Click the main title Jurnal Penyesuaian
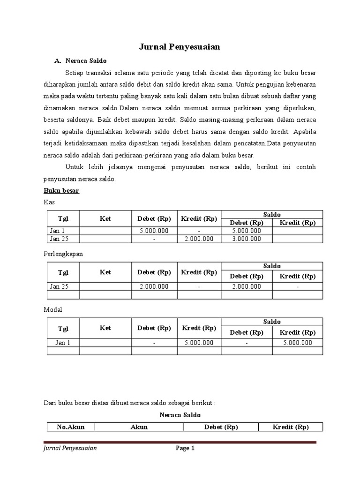pyautogui.click(x=180, y=47)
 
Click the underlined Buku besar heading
pyautogui.click(x=61, y=191)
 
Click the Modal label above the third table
pyautogui.click(x=52, y=310)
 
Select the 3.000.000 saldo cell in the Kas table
pyautogui.click(x=247, y=239)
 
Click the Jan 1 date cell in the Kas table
pyautogui.click(x=57, y=231)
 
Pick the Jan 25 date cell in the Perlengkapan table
pyautogui.click(x=59, y=287)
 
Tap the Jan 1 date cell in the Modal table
pyautogui.click(x=63, y=343)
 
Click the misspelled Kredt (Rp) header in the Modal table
pyautogui.click(x=199, y=328)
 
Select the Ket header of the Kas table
pyautogui.click(x=105, y=219)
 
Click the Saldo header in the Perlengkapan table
pyautogui.click(x=272, y=266)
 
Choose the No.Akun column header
pyautogui.click(x=70, y=427)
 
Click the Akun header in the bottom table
pyautogui.click(x=139, y=427)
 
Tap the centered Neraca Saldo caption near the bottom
pyautogui.click(x=180, y=415)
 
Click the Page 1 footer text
pyautogui.click(x=185, y=449)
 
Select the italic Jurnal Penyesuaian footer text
pyautogui.click(x=70, y=449)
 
